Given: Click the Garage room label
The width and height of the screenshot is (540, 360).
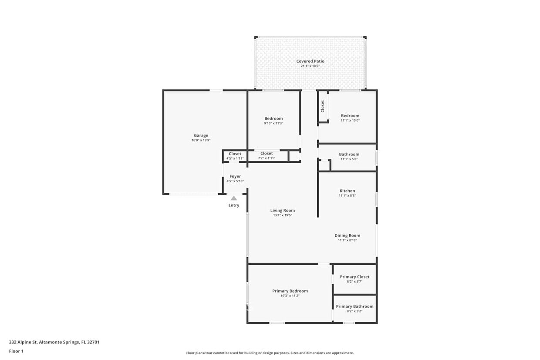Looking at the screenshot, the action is pyautogui.click(x=201, y=135).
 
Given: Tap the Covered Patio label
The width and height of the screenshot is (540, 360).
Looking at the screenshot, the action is pyautogui.click(x=310, y=61).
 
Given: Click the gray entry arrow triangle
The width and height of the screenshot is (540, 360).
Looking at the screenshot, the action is pyautogui.click(x=233, y=198).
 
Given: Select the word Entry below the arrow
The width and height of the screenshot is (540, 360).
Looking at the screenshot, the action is pyautogui.click(x=234, y=205).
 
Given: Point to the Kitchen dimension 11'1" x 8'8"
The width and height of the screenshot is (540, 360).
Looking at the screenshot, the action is pyautogui.click(x=348, y=195).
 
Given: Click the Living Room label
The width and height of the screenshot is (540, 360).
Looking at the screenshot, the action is pyautogui.click(x=283, y=210).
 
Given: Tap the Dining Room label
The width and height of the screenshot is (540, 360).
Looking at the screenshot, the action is pyautogui.click(x=348, y=236).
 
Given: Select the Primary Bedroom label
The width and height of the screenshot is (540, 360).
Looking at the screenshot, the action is pyautogui.click(x=290, y=291).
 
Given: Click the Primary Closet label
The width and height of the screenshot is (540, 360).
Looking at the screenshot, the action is pyautogui.click(x=354, y=277).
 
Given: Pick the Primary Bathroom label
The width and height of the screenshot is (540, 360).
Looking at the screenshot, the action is pyautogui.click(x=354, y=306).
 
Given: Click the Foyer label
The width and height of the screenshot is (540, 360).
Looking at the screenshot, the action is pyautogui.click(x=235, y=176).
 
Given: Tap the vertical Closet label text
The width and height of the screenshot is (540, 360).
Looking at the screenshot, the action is pyautogui.click(x=323, y=106).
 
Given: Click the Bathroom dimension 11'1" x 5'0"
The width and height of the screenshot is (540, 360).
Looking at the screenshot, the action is pyautogui.click(x=349, y=159).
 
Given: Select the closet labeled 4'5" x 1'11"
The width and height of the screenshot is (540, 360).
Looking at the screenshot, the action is pyautogui.click(x=235, y=156).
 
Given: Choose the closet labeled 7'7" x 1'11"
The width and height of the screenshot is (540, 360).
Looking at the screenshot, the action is pyautogui.click(x=267, y=155).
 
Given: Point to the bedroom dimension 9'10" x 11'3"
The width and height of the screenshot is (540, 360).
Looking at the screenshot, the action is pyautogui.click(x=273, y=123).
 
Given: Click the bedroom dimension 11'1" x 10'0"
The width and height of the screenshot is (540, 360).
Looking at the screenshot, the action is pyautogui.click(x=350, y=121).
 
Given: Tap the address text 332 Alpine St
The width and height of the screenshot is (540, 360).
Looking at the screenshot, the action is pyautogui.click(x=23, y=342).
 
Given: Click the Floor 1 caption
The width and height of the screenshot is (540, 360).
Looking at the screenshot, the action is pyautogui.click(x=16, y=351).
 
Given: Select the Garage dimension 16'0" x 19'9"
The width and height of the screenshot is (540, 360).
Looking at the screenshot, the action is pyautogui.click(x=201, y=140).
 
